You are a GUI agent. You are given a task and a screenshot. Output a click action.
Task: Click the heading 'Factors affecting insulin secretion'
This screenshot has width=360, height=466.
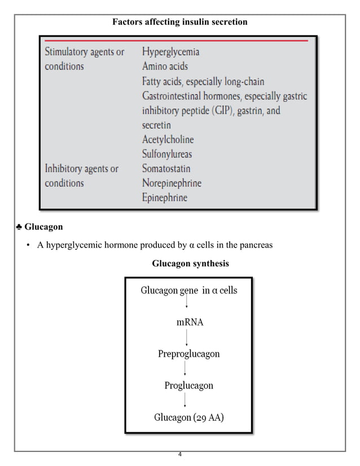point(179,23)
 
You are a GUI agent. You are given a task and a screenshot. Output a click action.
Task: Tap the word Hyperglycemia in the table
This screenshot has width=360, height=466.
point(170,52)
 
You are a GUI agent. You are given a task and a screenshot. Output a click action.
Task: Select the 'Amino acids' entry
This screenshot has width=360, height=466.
point(164,67)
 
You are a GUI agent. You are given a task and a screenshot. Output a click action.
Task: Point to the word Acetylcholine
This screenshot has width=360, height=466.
point(168,139)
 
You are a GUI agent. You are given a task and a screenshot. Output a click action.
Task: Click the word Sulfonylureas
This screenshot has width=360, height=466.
point(168,154)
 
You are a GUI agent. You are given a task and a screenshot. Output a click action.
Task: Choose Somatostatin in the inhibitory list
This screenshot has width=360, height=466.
point(166,169)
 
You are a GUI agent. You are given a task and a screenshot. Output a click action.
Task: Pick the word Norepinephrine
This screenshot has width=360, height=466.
point(172,183)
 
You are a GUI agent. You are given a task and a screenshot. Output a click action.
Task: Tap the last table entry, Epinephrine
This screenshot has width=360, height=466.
point(165,198)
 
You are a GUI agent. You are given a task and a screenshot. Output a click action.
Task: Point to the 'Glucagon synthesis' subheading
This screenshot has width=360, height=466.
point(190,263)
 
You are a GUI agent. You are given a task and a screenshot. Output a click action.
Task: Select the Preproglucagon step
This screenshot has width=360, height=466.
point(188,354)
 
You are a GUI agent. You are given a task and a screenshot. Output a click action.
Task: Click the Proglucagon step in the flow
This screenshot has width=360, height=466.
point(188,386)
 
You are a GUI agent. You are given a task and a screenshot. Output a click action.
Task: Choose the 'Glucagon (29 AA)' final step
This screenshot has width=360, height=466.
point(188,418)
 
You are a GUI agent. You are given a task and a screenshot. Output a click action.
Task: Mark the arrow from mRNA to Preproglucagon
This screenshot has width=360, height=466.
point(187,338)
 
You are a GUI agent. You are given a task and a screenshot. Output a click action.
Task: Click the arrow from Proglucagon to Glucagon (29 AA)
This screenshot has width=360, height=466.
point(187,402)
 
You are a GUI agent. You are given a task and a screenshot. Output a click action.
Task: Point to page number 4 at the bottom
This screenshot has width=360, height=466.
point(179,455)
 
